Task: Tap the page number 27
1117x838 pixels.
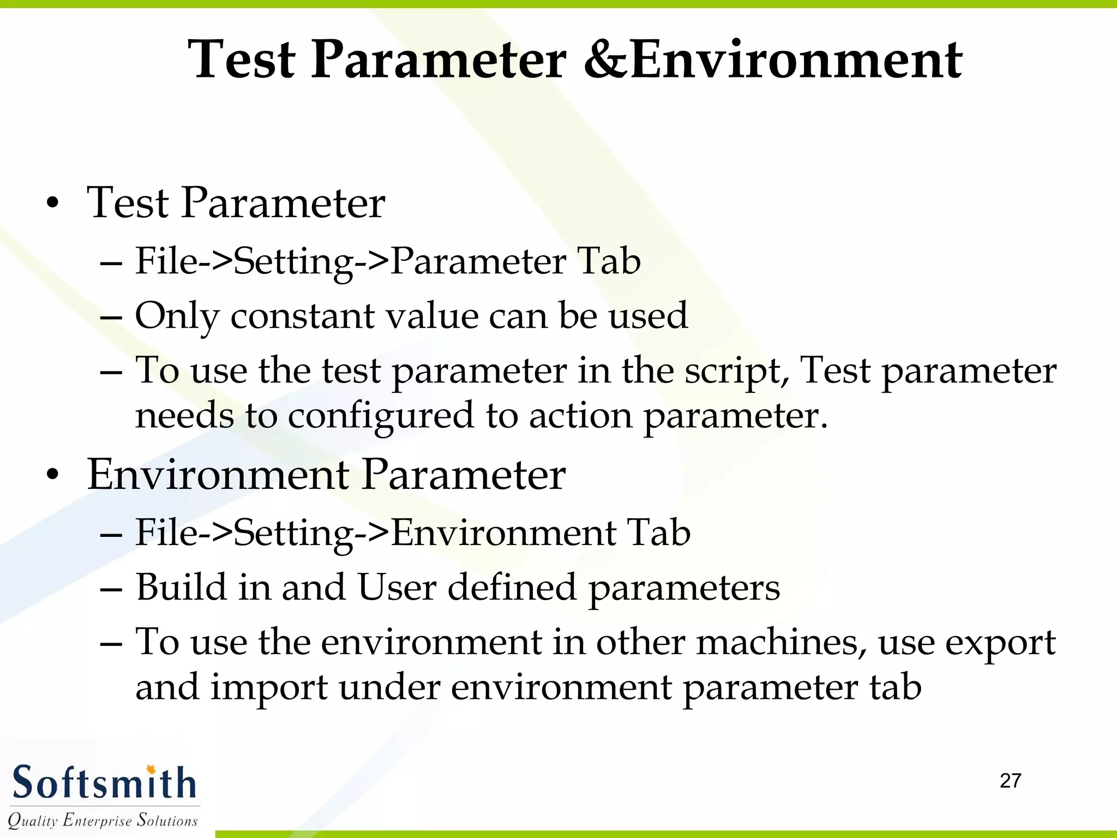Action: pyautogui.click(x=1010, y=781)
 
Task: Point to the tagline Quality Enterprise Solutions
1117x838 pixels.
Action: pyautogui.click(x=103, y=820)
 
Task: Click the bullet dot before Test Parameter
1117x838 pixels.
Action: pyautogui.click(x=52, y=204)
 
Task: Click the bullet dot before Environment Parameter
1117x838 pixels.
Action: pyautogui.click(x=52, y=475)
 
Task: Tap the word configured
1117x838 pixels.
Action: pyautogui.click(x=381, y=416)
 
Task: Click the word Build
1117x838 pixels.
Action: pyautogui.click(x=181, y=588)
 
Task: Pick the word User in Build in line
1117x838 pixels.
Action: pyautogui.click(x=397, y=588)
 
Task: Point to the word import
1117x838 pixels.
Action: pyautogui.click(x=269, y=688)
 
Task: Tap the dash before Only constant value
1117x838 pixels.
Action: pyautogui.click(x=111, y=317)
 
